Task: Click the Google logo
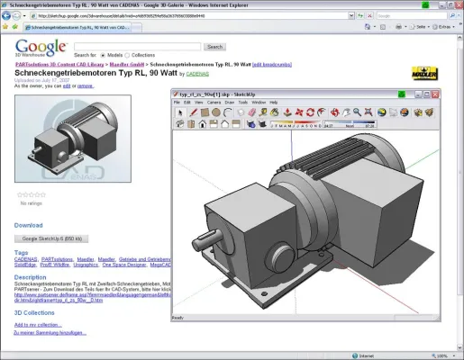pyautogui.click(x=40, y=49)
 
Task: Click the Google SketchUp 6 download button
pyautogui.click(x=55, y=238)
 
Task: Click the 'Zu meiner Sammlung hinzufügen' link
pyautogui.click(x=50, y=333)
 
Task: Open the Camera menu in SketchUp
pyautogui.click(x=214, y=102)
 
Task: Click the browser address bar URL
pyautogui.click(x=135, y=16)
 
